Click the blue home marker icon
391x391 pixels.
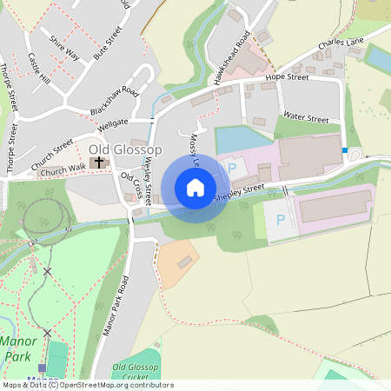195,188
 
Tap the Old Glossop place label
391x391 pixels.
121,150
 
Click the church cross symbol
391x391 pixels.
99,162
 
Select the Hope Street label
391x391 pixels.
287,78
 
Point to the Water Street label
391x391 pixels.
305,119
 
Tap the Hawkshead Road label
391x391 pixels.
232,57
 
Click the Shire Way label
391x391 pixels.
64,48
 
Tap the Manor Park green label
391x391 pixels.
19,348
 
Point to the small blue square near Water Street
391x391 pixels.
345,151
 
